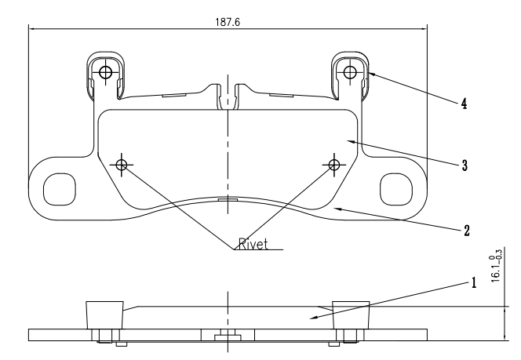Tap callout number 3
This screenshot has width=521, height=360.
click(465, 165)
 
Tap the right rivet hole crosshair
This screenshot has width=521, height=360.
click(334, 164)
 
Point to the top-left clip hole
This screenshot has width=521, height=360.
click(105, 73)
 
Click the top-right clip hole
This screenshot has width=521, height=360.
click(350, 73)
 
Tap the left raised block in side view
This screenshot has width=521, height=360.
click(104, 315)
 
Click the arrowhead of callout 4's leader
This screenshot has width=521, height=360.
click(367, 73)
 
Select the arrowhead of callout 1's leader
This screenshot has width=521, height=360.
click(311, 318)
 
